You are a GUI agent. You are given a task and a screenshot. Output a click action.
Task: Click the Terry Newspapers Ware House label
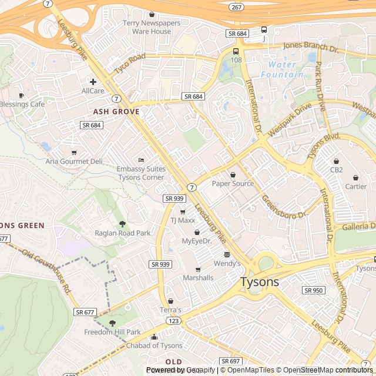click(x=152, y=27)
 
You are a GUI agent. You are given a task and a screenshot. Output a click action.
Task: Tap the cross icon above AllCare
click(x=93, y=82)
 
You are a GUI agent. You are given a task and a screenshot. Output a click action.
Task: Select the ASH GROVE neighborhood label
click(x=116, y=111)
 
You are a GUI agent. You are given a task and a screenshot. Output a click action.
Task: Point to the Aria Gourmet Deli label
click(x=74, y=161)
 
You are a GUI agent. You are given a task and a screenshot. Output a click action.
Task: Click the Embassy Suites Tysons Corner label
click(x=141, y=173)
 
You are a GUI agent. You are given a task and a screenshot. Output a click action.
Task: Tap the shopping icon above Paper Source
click(x=233, y=175)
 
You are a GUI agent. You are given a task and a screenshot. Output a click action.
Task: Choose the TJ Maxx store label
click(x=182, y=221)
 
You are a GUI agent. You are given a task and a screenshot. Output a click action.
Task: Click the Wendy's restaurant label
click(x=227, y=263)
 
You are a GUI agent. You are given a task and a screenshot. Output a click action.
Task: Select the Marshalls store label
click(x=198, y=277)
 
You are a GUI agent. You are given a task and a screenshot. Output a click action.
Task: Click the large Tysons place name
click(x=260, y=282)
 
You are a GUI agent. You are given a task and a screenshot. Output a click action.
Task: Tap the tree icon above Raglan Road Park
click(x=122, y=224)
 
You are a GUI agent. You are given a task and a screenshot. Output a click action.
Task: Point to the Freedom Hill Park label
click(x=112, y=332)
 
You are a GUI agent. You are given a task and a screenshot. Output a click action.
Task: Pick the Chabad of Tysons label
click(x=155, y=345)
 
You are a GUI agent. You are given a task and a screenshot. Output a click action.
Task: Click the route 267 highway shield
click(x=236, y=7)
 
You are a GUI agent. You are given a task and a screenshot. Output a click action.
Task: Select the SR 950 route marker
click(x=314, y=290)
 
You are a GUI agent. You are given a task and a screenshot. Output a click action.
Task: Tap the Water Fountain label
click(x=286, y=69)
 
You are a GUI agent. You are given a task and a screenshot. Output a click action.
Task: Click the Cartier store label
click(x=355, y=186)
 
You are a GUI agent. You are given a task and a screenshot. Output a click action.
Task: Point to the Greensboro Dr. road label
click(x=285, y=207)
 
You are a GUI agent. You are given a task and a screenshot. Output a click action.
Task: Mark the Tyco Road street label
click(x=130, y=63)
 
